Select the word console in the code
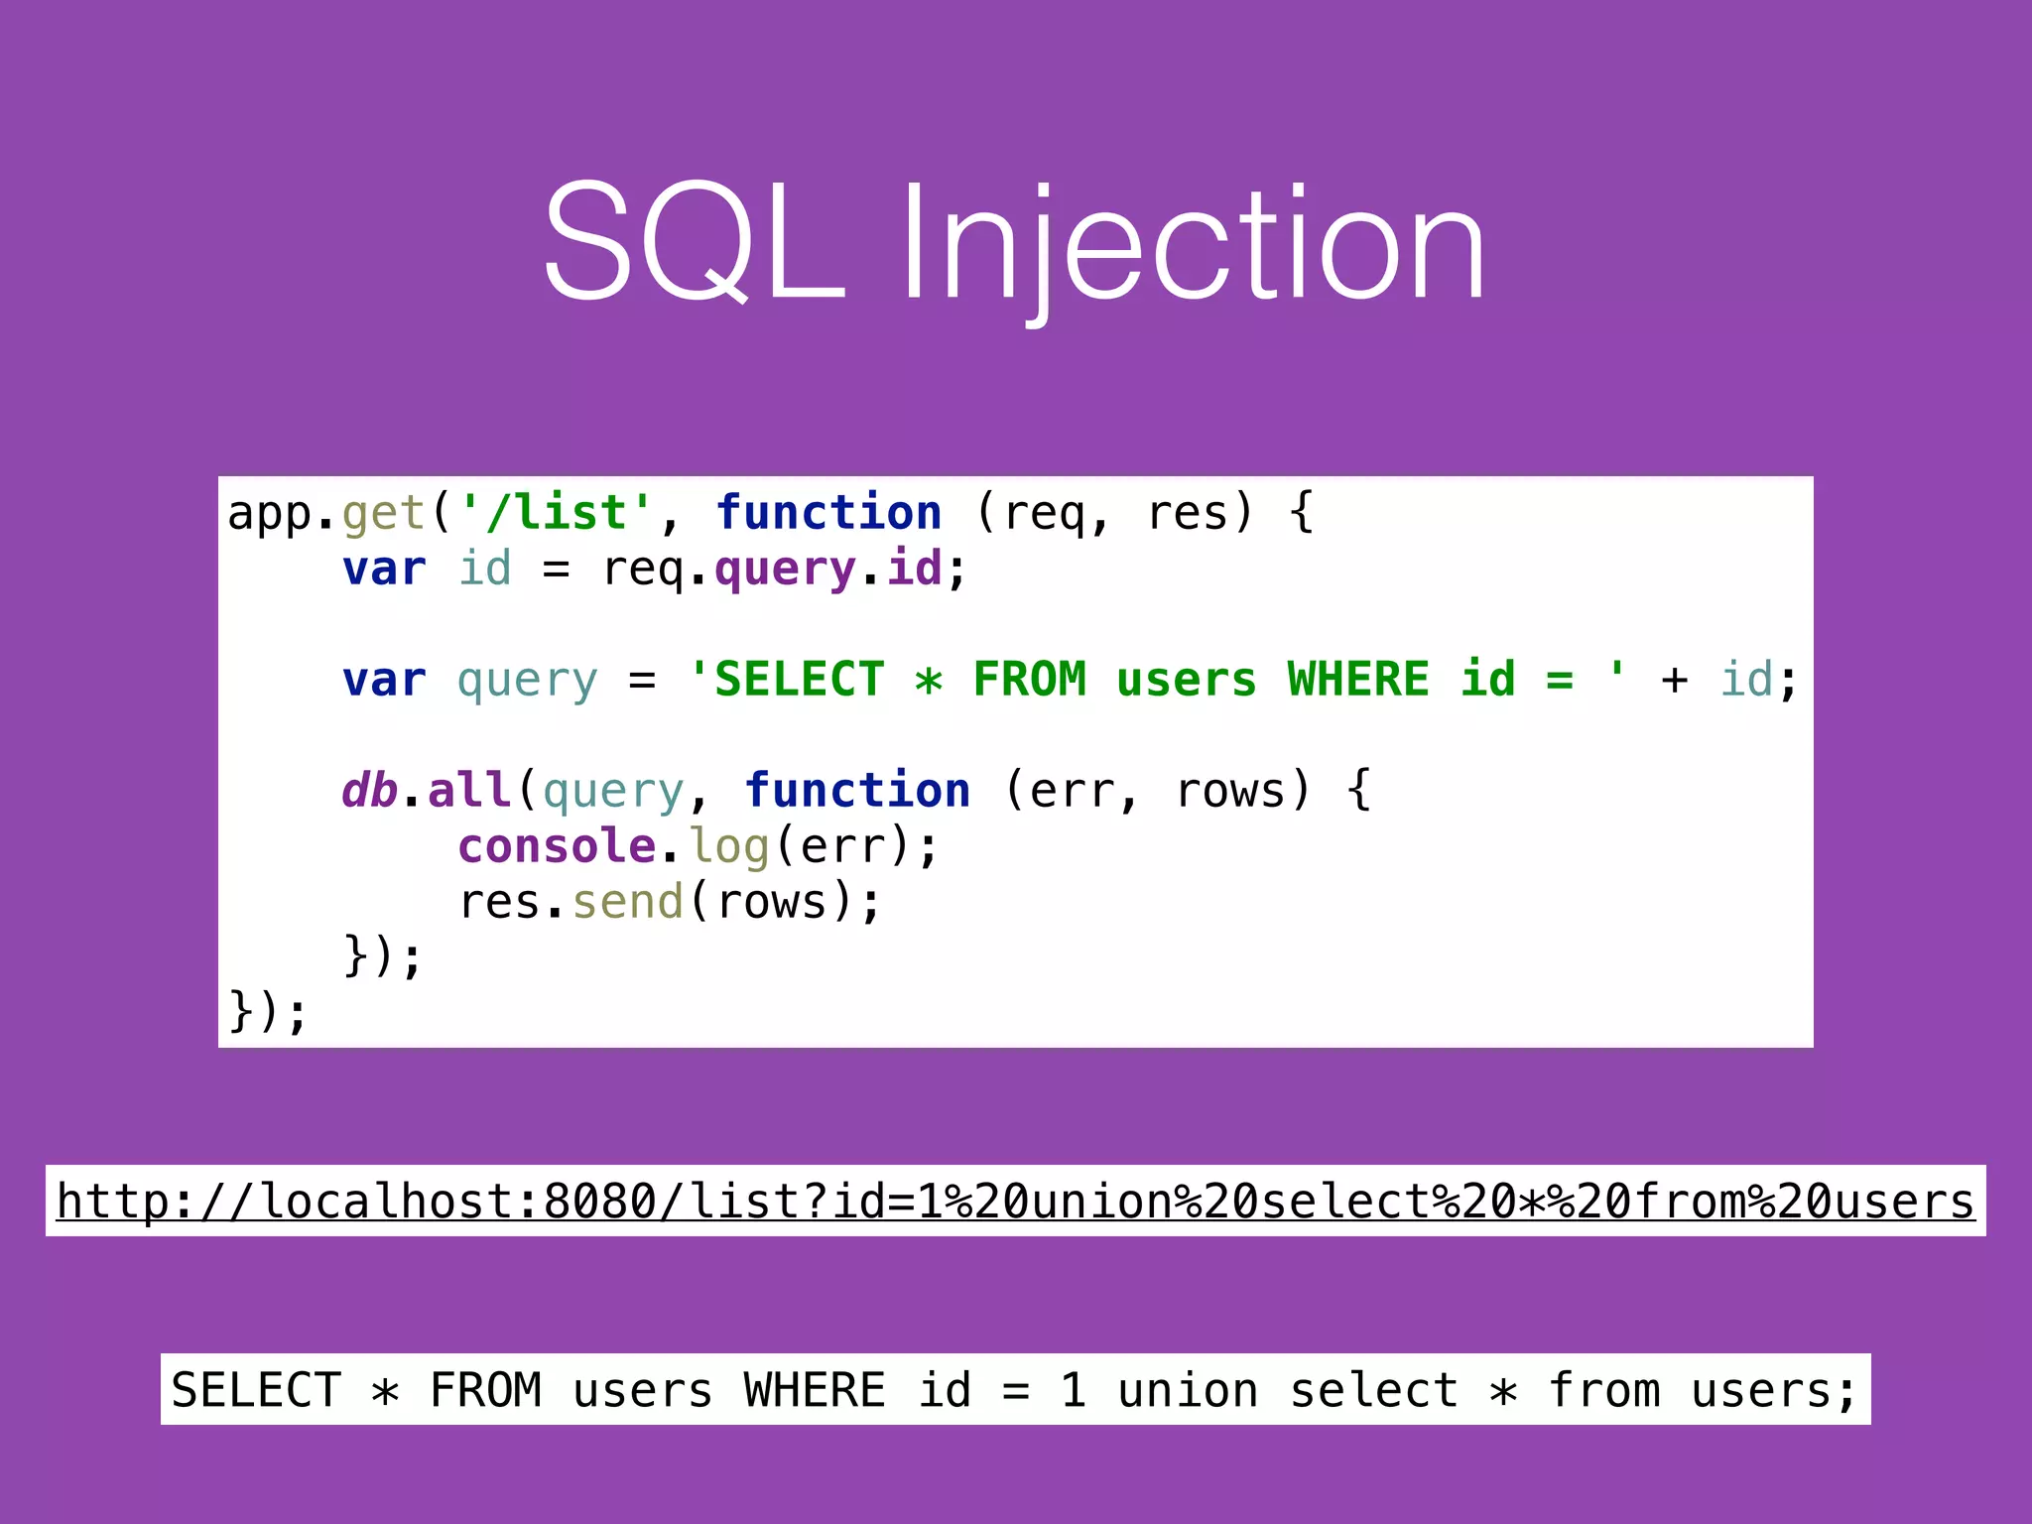[x=557, y=846]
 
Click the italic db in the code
[x=369, y=791]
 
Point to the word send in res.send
[x=628, y=902]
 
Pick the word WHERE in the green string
[x=1358, y=680]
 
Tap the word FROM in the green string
[x=1029, y=680]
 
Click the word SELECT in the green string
[x=799, y=680]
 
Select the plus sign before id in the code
[x=1674, y=681]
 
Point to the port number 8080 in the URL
[x=600, y=1202]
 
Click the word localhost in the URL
[x=385, y=1202]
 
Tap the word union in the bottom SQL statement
[x=1188, y=1390]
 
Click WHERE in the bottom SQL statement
[x=814, y=1390]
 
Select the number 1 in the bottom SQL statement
[x=1073, y=1390]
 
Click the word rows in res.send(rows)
[x=771, y=902]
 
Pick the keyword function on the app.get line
[x=828, y=513]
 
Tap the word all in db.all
[x=469, y=791]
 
